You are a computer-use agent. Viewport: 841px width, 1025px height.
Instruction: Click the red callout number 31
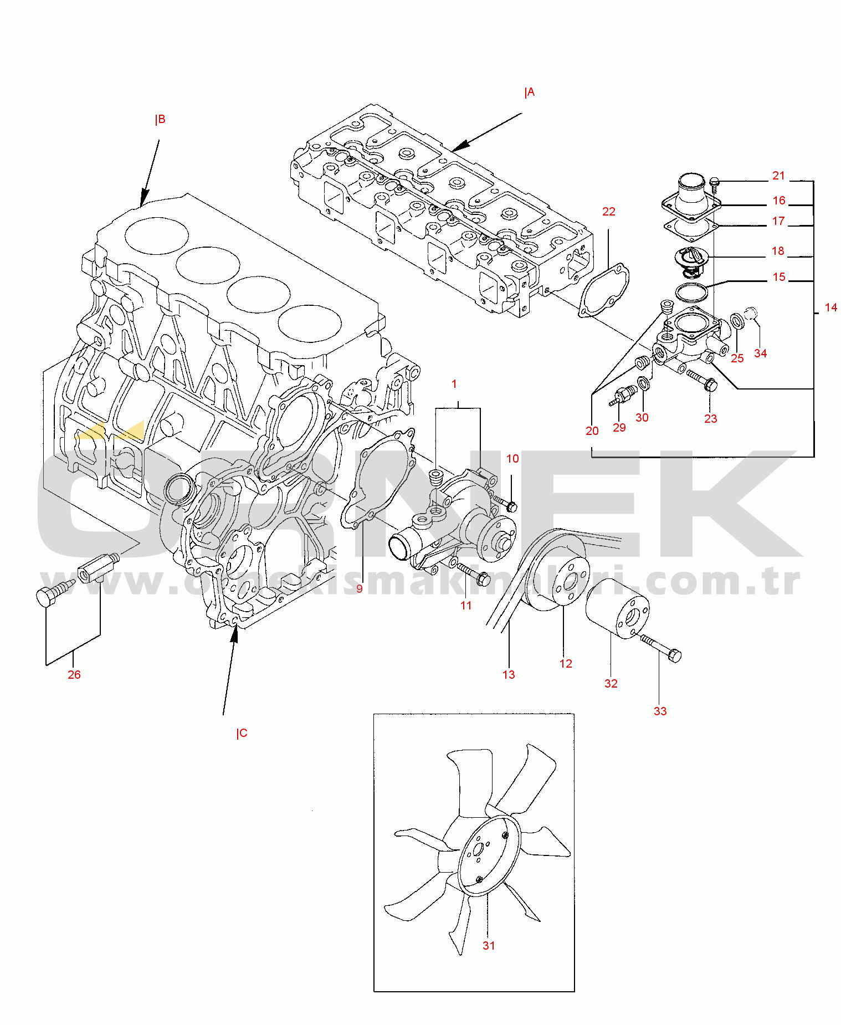489,945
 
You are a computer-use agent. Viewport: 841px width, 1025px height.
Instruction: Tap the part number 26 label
74,674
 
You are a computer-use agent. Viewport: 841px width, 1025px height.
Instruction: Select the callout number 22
609,212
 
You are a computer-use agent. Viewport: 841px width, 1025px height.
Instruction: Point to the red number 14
831,307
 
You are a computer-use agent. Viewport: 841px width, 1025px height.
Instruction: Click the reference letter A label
530,93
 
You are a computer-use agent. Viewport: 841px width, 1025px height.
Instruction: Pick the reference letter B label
160,119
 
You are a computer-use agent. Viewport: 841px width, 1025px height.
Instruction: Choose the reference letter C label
242,733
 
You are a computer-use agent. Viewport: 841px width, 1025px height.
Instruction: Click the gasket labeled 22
603,290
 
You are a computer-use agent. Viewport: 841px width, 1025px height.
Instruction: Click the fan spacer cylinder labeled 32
618,608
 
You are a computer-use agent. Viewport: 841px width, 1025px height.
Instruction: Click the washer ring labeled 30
643,383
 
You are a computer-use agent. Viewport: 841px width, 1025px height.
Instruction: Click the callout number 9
360,588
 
